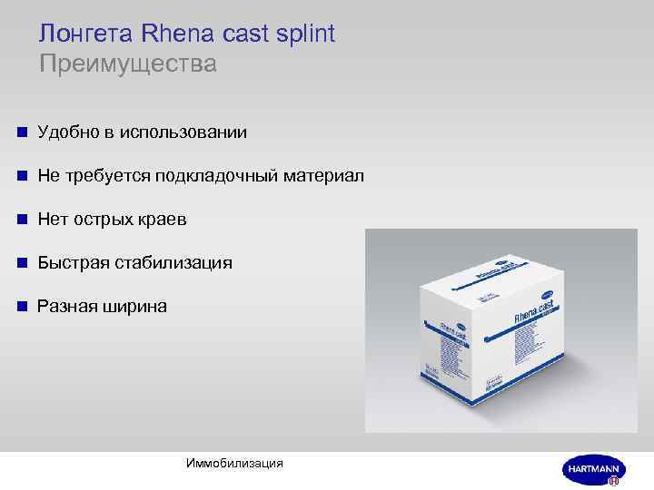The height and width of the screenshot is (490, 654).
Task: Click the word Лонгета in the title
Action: pyautogui.click(x=87, y=34)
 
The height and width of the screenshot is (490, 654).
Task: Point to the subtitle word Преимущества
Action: pyautogui.click(x=128, y=64)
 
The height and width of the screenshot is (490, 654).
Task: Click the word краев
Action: pyautogui.click(x=163, y=220)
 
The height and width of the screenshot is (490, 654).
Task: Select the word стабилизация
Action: pyautogui.click(x=173, y=263)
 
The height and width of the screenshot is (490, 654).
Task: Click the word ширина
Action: pyautogui.click(x=134, y=307)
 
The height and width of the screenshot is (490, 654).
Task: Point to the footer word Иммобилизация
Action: pyautogui.click(x=234, y=464)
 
